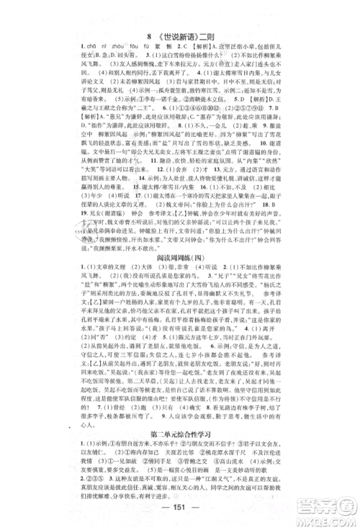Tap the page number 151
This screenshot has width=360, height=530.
point(180,502)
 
